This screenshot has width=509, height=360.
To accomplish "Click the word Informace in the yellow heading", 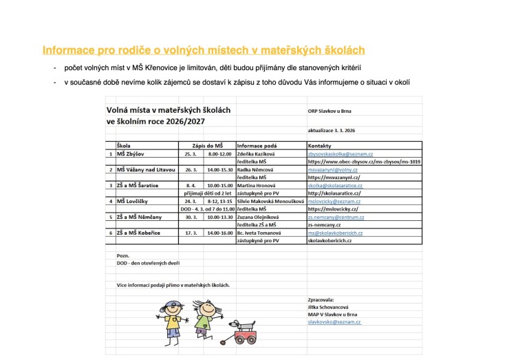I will pyautogui.click(x=67, y=50).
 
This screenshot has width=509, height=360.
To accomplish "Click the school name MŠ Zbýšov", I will pyautogui.click(x=131, y=154).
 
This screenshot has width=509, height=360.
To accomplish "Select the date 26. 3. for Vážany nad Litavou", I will pyautogui.click(x=191, y=169).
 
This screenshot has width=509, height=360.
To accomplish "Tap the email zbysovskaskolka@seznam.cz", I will pyautogui.click(x=340, y=154).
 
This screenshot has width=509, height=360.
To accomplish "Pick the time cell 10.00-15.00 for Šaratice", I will pyautogui.click(x=217, y=185).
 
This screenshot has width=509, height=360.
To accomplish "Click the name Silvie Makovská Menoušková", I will pyautogui.click(x=270, y=200).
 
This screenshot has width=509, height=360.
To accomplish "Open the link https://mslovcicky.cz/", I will pyautogui.click(x=334, y=208).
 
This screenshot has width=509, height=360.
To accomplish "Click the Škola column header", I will pyautogui.click(x=124, y=146).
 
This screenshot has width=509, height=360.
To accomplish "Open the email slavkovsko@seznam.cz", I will pyautogui.click(x=334, y=321).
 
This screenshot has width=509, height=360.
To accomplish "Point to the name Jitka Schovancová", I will pyautogui.click(x=329, y=307).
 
